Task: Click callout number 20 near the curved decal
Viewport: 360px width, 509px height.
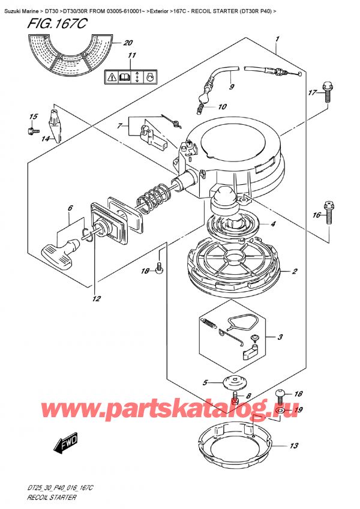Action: [x=127, y=43]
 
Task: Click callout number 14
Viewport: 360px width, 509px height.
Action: [x=44, y=139]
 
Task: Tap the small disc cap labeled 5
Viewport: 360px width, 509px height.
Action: [x=231, y=382]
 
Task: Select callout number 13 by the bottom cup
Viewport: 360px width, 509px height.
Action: [x=293, y=445]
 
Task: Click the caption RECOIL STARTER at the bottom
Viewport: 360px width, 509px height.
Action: [x=50, y=499]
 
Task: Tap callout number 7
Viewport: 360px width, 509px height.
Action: [x=120, y=126]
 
